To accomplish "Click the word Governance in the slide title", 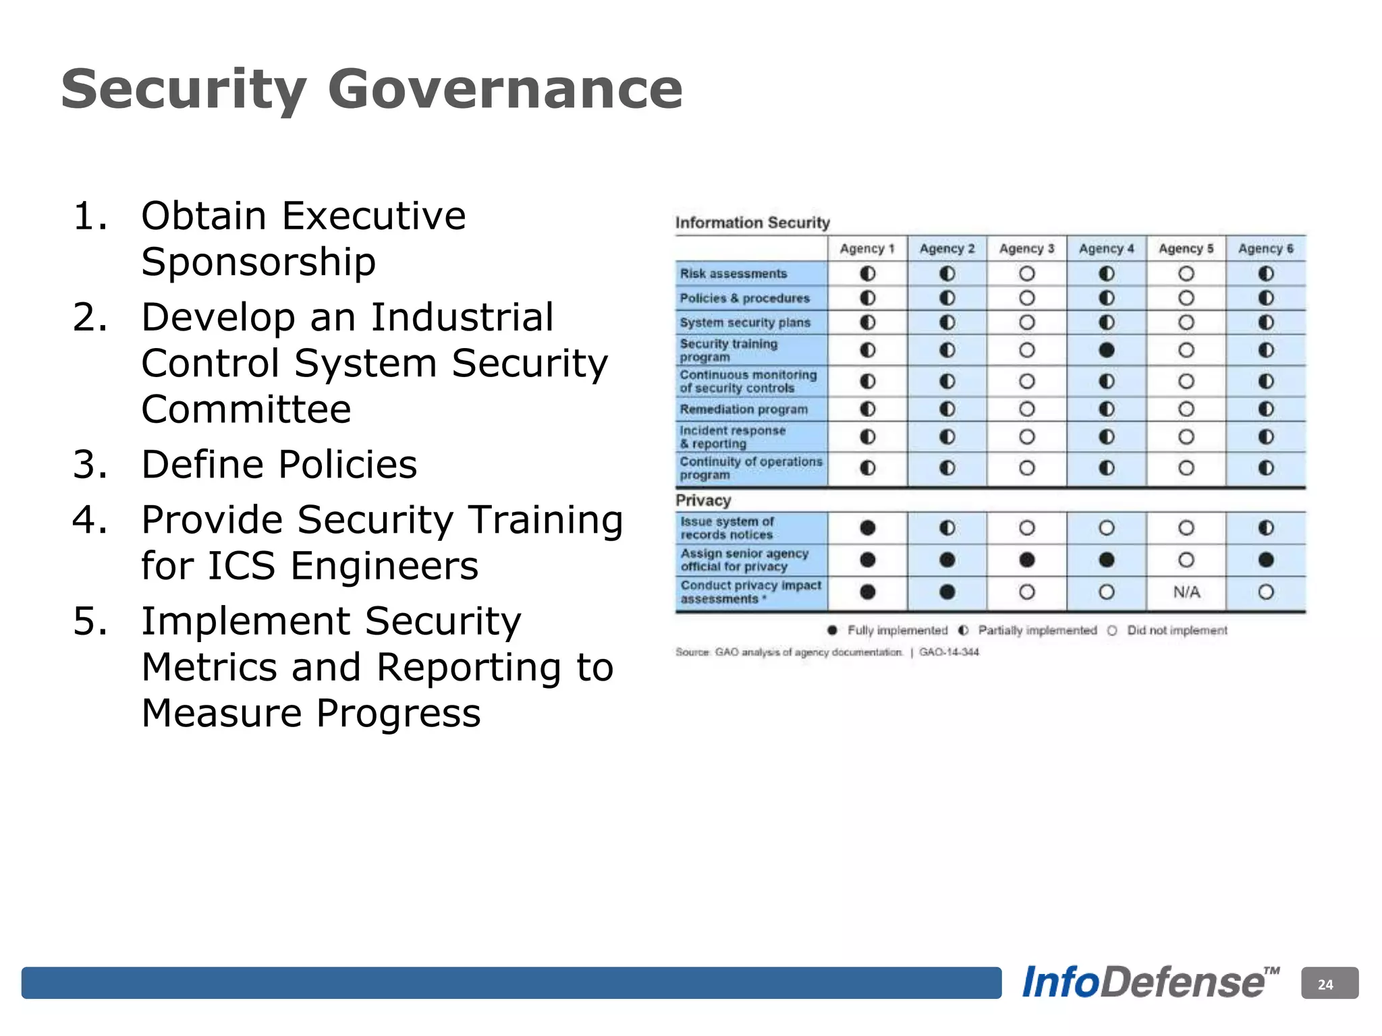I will pos(505,89).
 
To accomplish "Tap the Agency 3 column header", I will pos(1026,249).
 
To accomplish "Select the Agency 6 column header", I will pos(1265,249).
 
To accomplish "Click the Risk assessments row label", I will pos(734,274).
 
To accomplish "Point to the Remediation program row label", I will pos(744,409).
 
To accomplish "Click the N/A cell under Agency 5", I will pos(1186,592).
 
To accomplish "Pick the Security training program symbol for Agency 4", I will pos(1107,350).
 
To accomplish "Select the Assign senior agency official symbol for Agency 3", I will pos(1027,560).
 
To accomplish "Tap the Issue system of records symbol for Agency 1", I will pos(868,528).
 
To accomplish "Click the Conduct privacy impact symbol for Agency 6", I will pos(1266,592).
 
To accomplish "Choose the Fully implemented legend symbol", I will pos(833,631).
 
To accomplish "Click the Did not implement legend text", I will pos(1177,631).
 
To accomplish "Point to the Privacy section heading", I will pos(703,500).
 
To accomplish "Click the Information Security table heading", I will pos(752,223).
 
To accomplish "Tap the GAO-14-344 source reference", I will pos(949,652).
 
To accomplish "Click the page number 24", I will pos(1326,985).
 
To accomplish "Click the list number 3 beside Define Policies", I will pos(90,465).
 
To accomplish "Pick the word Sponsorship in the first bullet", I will pos(258,262).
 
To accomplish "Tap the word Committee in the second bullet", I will pos(246,409).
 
